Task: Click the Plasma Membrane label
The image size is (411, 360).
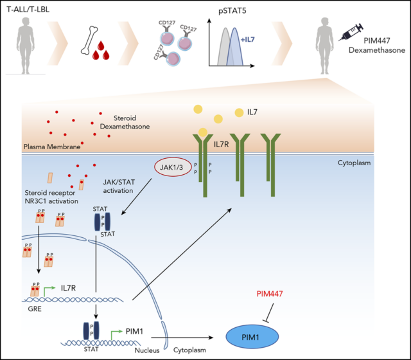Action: coord(31,147)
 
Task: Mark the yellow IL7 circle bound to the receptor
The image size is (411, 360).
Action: coord(204,132)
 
